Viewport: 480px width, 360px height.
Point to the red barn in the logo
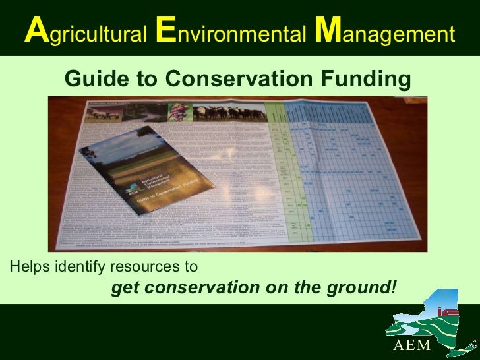tap(450, 311)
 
